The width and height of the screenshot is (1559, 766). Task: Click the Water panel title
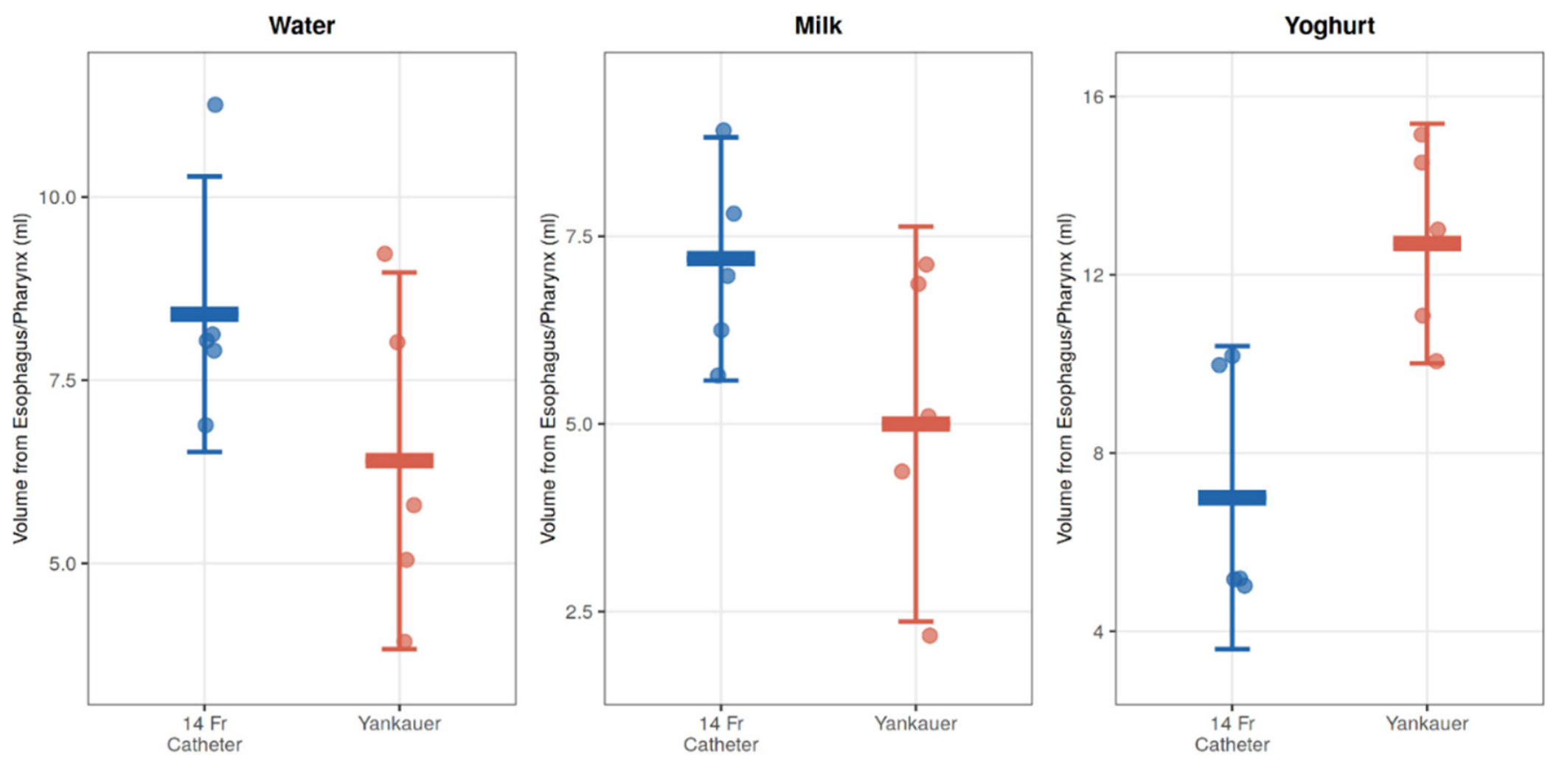301,25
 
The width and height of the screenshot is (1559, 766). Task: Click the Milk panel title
818,25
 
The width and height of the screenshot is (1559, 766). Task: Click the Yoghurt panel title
1329,25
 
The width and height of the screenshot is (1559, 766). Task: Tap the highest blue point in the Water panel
215,105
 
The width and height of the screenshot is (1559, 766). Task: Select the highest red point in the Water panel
384,254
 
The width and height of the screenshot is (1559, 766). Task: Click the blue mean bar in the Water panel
204,314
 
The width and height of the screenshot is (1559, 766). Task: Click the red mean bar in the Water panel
399,461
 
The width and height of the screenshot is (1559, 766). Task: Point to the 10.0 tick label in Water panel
58,197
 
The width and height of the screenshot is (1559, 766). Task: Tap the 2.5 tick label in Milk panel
579,611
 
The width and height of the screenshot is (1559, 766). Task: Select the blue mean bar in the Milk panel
721,258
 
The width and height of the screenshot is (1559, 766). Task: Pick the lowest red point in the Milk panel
929,635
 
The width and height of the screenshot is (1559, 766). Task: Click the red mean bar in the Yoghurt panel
1426,243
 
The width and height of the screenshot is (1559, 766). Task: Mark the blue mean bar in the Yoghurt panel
1232,498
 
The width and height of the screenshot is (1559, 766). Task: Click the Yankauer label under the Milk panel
915,723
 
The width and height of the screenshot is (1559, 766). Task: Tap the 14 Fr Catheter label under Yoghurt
1232,734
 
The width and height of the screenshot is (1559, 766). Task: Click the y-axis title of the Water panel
21,378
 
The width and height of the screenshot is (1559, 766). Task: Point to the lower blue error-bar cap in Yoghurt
1232,649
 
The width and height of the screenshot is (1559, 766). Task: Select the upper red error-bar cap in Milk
915,226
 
